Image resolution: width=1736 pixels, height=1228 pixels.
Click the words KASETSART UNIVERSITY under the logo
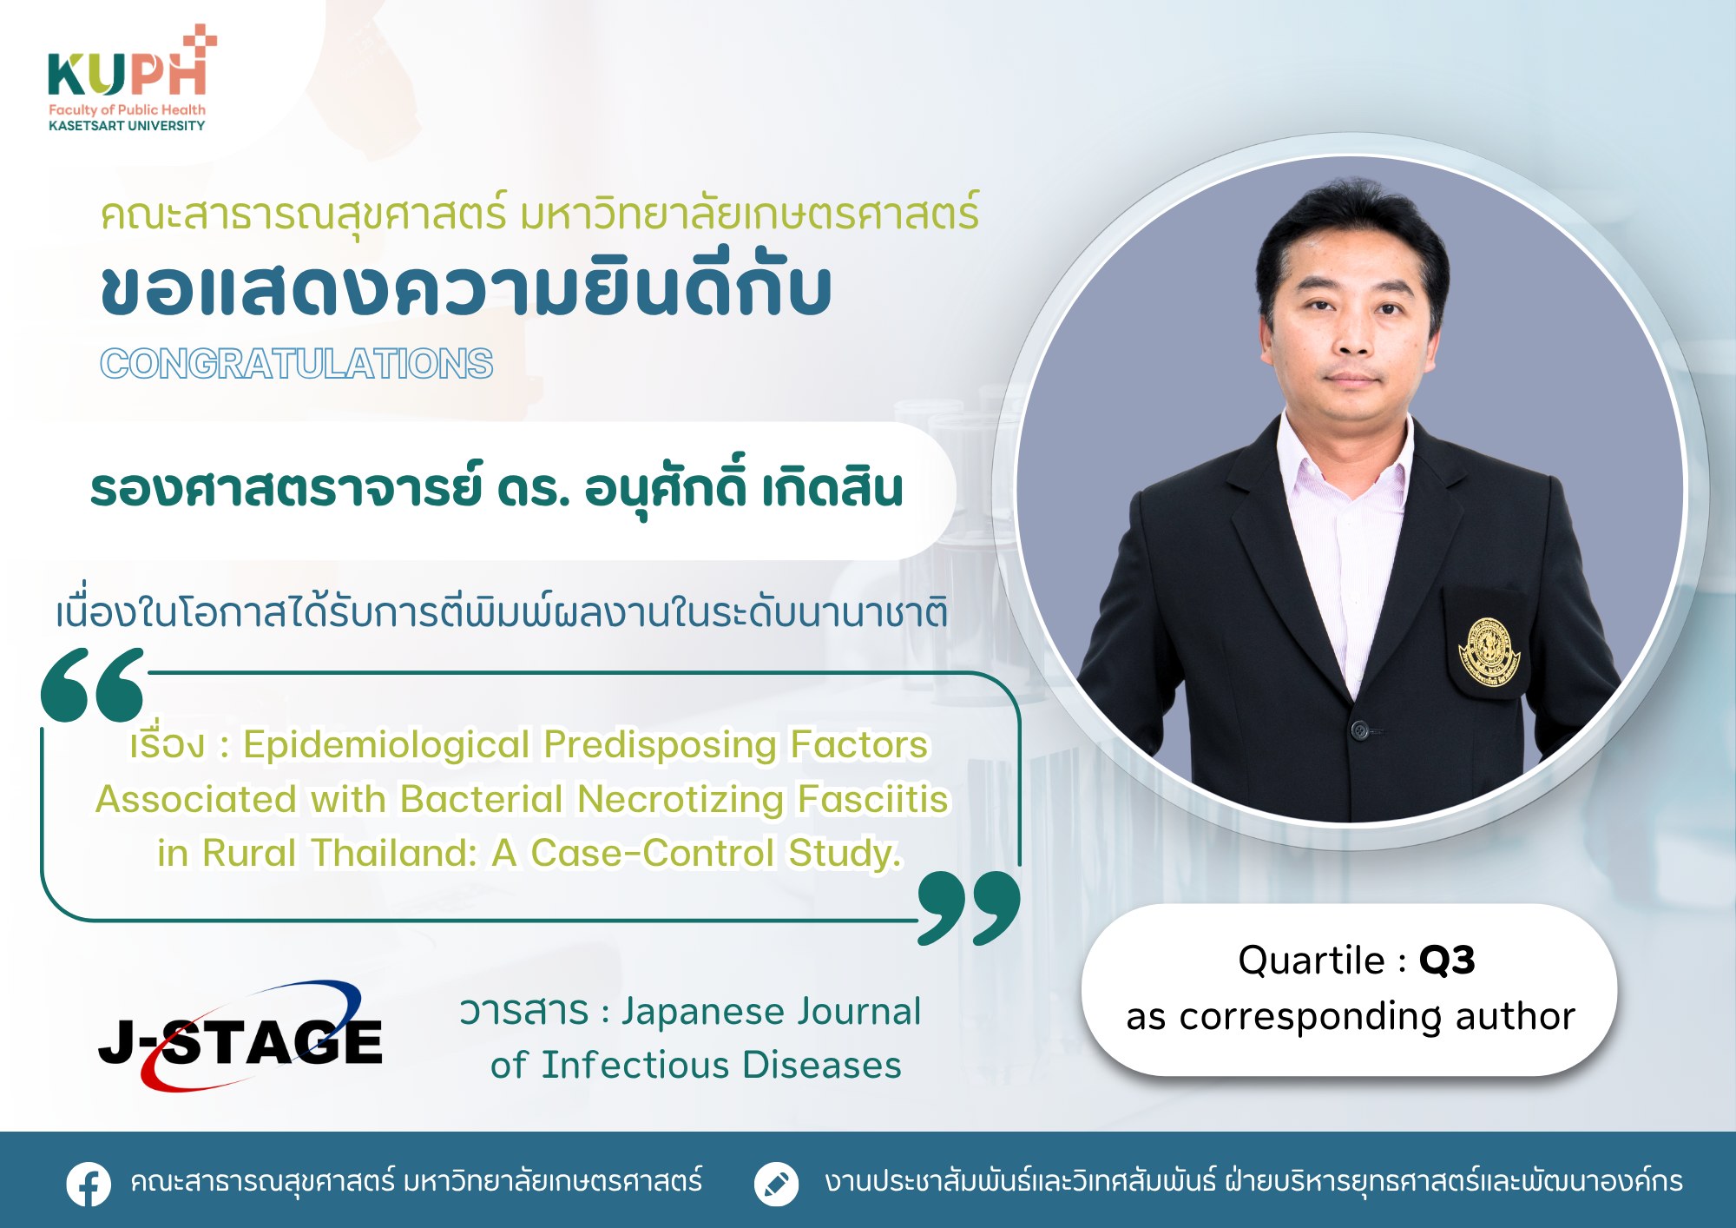127,126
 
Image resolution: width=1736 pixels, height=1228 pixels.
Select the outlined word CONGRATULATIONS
297,363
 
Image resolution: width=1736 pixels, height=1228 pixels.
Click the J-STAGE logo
240,1036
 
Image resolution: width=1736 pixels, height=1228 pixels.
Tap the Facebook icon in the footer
89,1184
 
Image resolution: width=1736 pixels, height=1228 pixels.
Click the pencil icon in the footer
776,1184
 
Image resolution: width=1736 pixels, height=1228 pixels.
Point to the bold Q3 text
1447,961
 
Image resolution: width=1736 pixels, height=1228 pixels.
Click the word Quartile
1312,961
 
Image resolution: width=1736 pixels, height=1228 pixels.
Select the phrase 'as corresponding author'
1351,1017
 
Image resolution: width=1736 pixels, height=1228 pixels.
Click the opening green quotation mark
93,684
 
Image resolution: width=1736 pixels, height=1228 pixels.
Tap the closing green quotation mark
970,908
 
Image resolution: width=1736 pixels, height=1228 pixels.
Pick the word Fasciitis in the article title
873,799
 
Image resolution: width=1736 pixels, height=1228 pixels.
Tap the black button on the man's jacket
1360,730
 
